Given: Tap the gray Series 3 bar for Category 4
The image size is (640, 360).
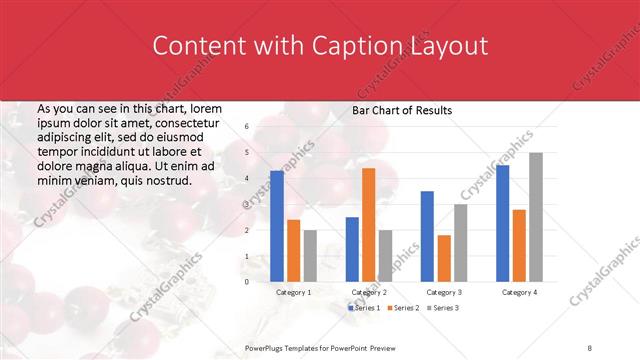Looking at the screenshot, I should (536, 217).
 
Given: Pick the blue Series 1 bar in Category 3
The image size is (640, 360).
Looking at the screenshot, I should (427, 236).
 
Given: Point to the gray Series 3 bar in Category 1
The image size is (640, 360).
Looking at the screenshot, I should (310, 256).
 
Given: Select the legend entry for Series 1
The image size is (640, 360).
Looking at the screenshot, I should (366, 307).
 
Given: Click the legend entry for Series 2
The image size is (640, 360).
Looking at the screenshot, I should (403, 307).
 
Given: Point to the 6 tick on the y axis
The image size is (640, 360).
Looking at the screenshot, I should (246, 127).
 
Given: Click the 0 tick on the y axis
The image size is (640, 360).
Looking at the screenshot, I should (246, 282).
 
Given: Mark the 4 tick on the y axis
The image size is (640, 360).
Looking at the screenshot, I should (246, 179).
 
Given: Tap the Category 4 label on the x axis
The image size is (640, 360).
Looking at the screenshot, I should (519, 293).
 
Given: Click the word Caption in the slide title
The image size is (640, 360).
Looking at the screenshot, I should (360, 46).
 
